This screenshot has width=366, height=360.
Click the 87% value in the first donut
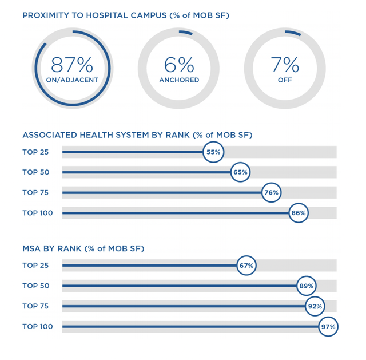click(72, 64)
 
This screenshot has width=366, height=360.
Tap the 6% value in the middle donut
click(178, 64)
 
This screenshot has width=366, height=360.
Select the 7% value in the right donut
click(285, 64)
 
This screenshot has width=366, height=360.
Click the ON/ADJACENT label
click(72, 80)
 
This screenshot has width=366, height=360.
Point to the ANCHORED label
click(178, 80)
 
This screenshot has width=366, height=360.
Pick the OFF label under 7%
click(285, 80)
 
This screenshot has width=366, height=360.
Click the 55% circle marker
click(213, 152)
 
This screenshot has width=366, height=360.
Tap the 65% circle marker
click(240, 172)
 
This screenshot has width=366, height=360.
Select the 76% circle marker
click(270, 193)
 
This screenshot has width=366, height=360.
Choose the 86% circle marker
click(299, 213)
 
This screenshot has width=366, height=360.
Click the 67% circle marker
click(246, 266)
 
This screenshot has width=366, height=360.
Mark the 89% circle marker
click(307, 286)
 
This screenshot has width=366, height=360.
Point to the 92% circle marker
click(315, 306)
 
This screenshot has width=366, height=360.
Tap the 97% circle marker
click(329, 327)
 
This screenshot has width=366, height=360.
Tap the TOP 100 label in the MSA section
click(38, 326)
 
